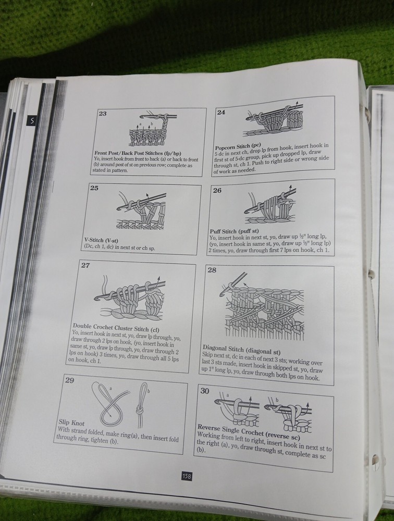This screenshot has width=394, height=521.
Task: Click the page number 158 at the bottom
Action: (187, 476)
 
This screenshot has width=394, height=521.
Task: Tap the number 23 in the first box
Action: (103, 114)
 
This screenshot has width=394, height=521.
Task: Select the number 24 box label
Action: (221, 113)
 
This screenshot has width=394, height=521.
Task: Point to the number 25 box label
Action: (94, 188)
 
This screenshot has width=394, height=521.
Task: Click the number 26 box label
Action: (217, 190)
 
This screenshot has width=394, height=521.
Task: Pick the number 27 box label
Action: (85, 265)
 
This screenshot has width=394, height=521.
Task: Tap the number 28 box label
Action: (212, 270)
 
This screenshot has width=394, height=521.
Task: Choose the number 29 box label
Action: (69, 380)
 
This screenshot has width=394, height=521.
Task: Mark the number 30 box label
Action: (205, 391)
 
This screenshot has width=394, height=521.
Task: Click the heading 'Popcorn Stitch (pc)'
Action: (238, 146)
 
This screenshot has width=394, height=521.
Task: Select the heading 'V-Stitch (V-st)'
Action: (101, 240)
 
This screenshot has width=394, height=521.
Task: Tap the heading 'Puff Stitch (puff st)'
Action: (234, 231)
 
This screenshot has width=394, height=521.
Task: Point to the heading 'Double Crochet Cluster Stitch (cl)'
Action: (116, 328)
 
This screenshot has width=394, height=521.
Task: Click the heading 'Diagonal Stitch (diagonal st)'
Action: (242, 350)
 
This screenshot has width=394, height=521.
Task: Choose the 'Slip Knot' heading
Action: (71, 423)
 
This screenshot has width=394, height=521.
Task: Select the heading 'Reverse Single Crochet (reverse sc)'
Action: (249, 431)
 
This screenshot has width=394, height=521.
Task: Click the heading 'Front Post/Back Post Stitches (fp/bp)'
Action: (138, 153)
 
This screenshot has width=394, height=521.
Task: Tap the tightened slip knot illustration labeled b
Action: (142, 405)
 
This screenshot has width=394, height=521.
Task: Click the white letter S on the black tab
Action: (32, 121)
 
